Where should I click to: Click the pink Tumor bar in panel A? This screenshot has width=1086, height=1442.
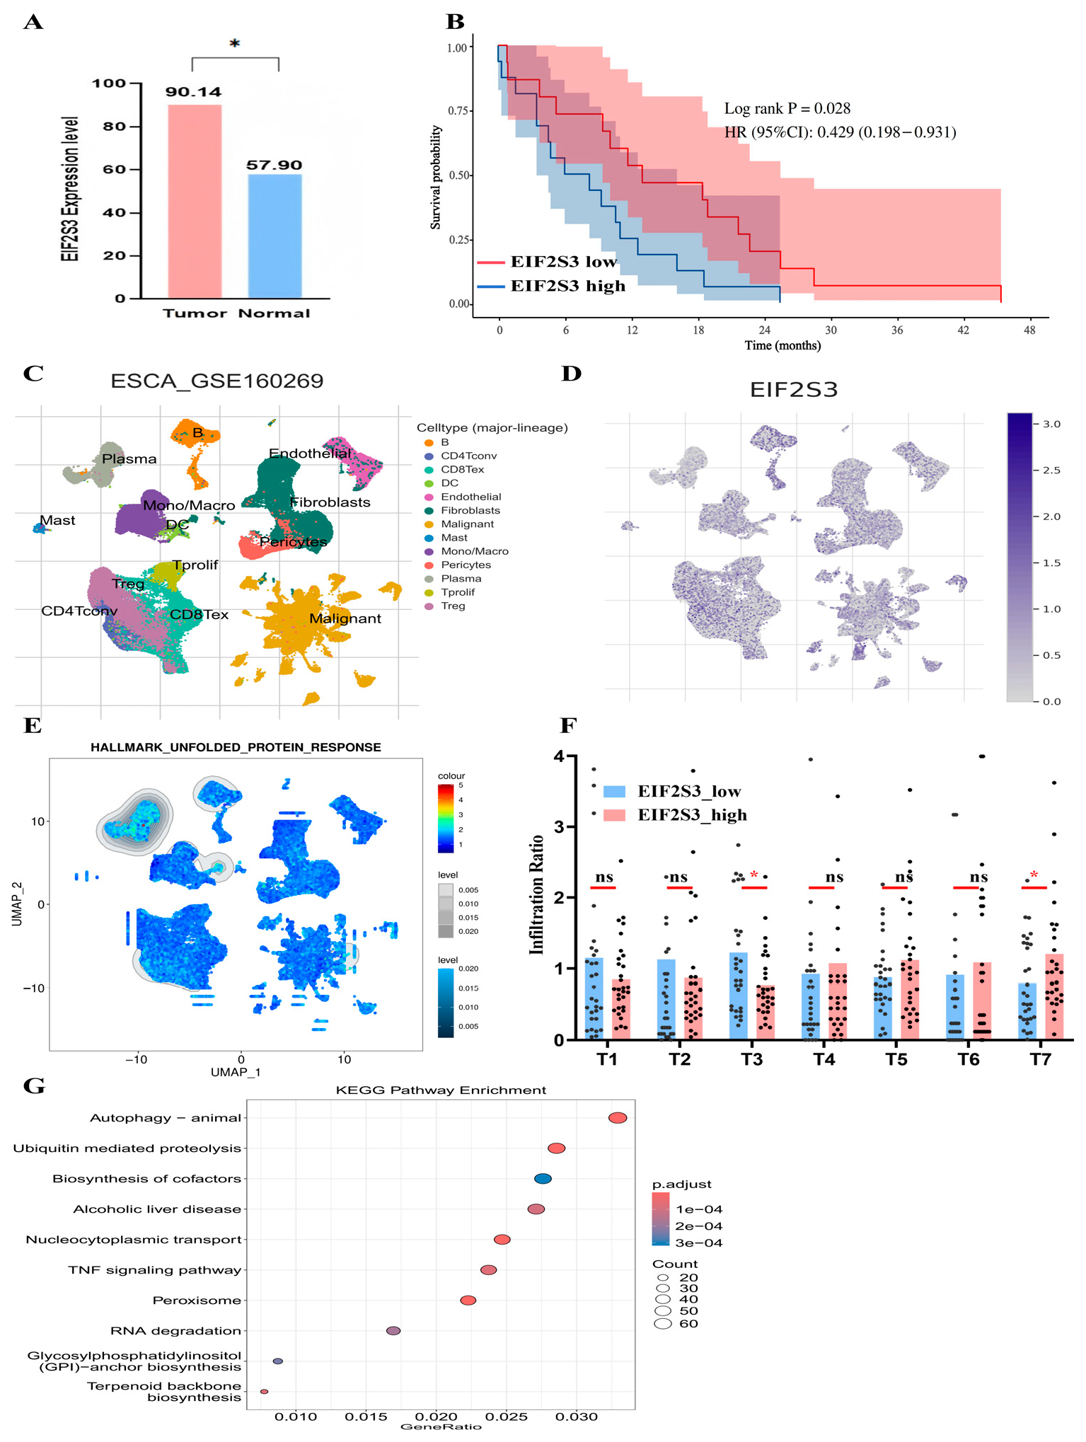click(x=195, y=202)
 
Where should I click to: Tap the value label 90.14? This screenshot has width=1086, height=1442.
click(x=193, y=92)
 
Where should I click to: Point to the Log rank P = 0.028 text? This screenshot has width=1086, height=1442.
click(x=787, y=109)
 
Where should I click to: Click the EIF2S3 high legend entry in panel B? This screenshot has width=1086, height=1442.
click(x=567, y=286)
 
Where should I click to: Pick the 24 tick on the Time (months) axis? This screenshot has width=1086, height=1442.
click(x=764, y=330)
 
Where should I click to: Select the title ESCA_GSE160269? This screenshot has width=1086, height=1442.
click(x=216, y=381)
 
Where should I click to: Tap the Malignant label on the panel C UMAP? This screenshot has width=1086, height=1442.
click(x=345, y=618)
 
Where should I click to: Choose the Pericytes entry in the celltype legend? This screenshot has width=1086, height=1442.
click(x=466, y=565)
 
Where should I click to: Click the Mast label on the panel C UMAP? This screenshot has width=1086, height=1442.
click(x=57, y=521)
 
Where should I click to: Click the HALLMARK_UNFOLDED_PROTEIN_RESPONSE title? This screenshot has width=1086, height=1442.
click(x=236, y=747)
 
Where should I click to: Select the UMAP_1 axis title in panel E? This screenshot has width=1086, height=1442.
click(x=235, y=1071)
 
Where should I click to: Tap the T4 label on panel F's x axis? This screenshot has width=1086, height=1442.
click(x=824, y=1059)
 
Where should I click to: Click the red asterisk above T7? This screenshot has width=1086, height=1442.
click(x=1034, y=876)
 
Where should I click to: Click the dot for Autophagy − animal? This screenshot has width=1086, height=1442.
click(x=618, y=1118)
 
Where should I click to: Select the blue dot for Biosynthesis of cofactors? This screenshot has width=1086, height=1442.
click(x=543, y=1179)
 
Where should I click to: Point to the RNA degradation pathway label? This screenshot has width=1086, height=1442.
click(x=175, y=1331)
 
